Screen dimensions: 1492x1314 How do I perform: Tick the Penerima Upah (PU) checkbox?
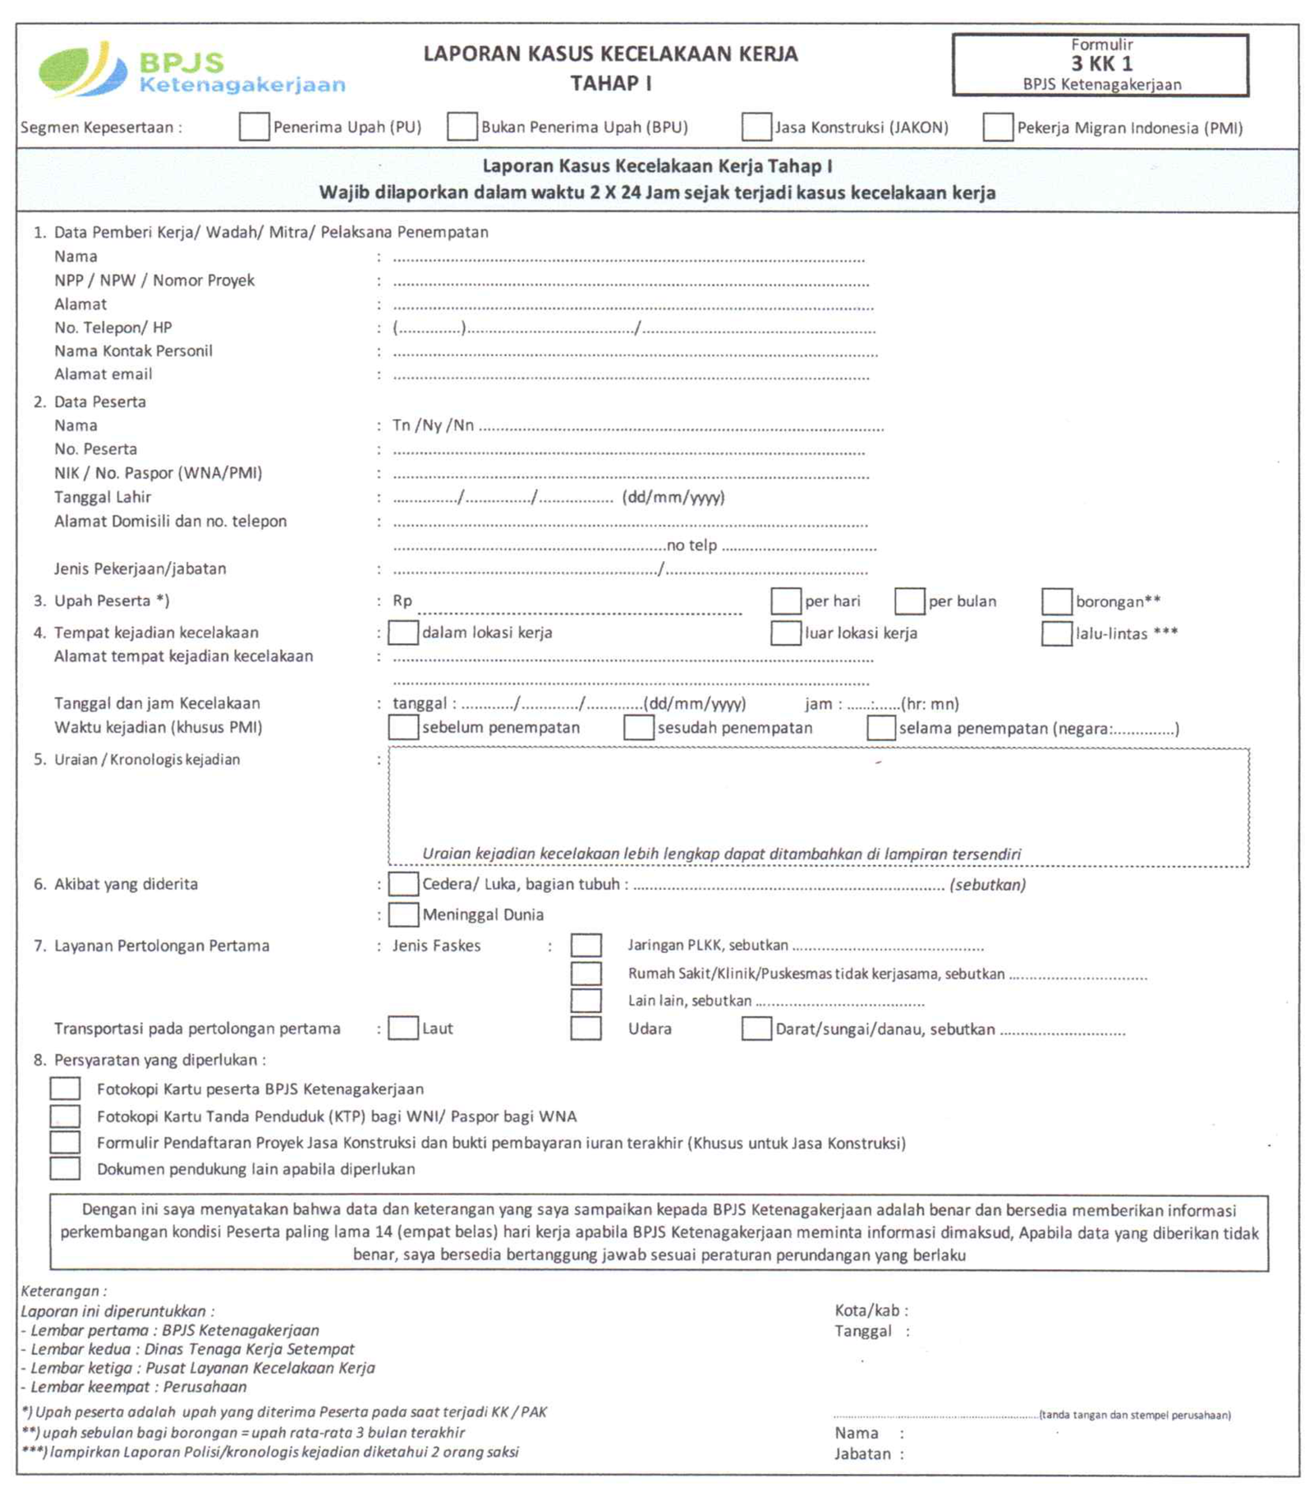pos(254,127)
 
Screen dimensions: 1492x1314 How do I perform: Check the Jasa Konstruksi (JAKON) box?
pos(756,127)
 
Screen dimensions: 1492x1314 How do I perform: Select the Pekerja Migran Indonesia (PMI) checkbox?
pos(997,127)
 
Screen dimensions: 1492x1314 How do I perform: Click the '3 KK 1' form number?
pos(1101,64)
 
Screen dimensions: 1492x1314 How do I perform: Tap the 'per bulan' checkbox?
pos(909,601)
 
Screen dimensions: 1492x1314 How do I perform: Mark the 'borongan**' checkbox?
pos(1056,601)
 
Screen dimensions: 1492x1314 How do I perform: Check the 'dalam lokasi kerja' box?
pos(402,633)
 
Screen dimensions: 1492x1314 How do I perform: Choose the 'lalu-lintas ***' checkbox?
pos(1056,633)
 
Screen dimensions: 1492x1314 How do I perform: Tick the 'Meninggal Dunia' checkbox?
pos(402,914)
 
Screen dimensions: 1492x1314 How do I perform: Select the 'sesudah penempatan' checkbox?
pos(638,728)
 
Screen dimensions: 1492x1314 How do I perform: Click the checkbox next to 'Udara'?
pos(586,1029)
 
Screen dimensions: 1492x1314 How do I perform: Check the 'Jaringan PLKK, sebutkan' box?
pos(586,945)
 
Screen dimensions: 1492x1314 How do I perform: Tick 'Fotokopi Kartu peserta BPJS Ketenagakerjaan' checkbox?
pos(65,1089)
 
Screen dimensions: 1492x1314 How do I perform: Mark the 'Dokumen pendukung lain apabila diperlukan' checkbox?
pos(65,1168)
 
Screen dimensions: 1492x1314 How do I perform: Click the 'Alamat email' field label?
pos(103,374)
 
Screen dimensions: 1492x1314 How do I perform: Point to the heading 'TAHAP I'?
pos(611,84)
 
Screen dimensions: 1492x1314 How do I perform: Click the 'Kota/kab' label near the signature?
pos(867,1310)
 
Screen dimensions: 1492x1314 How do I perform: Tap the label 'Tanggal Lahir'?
pos(103,497)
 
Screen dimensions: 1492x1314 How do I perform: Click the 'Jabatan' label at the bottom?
pos(862,1454)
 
